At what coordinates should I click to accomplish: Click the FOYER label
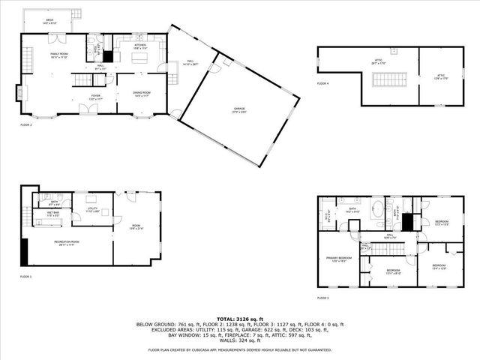pos(96,96)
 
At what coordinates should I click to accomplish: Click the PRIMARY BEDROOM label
pos(337,259)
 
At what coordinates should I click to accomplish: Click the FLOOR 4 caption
pos(322,83)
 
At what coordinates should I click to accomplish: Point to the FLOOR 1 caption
pos(25,277)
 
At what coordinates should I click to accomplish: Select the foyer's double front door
pos(89,110)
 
